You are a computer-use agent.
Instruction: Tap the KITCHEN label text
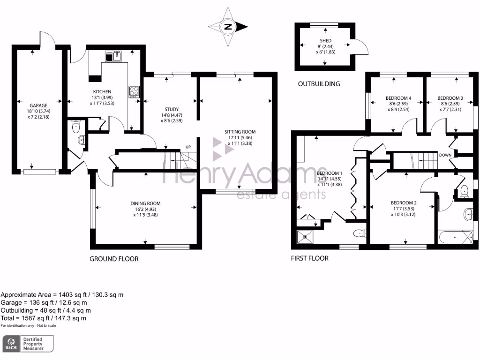pos(102,92)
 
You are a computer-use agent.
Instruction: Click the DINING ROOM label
pos(145,203)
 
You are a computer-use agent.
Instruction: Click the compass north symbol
pos(228,27)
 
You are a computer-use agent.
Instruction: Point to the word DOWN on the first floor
pos(445,155)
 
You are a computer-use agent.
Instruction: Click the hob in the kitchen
pos(134,91)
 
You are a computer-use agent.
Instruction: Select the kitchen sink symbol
pos(113,57)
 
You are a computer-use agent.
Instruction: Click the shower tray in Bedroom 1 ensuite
pos(306,237)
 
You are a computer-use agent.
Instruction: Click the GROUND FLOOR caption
pos(114,259)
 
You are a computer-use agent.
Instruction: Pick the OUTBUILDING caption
pos(319,84)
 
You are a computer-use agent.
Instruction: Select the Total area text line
pos(43,318)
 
